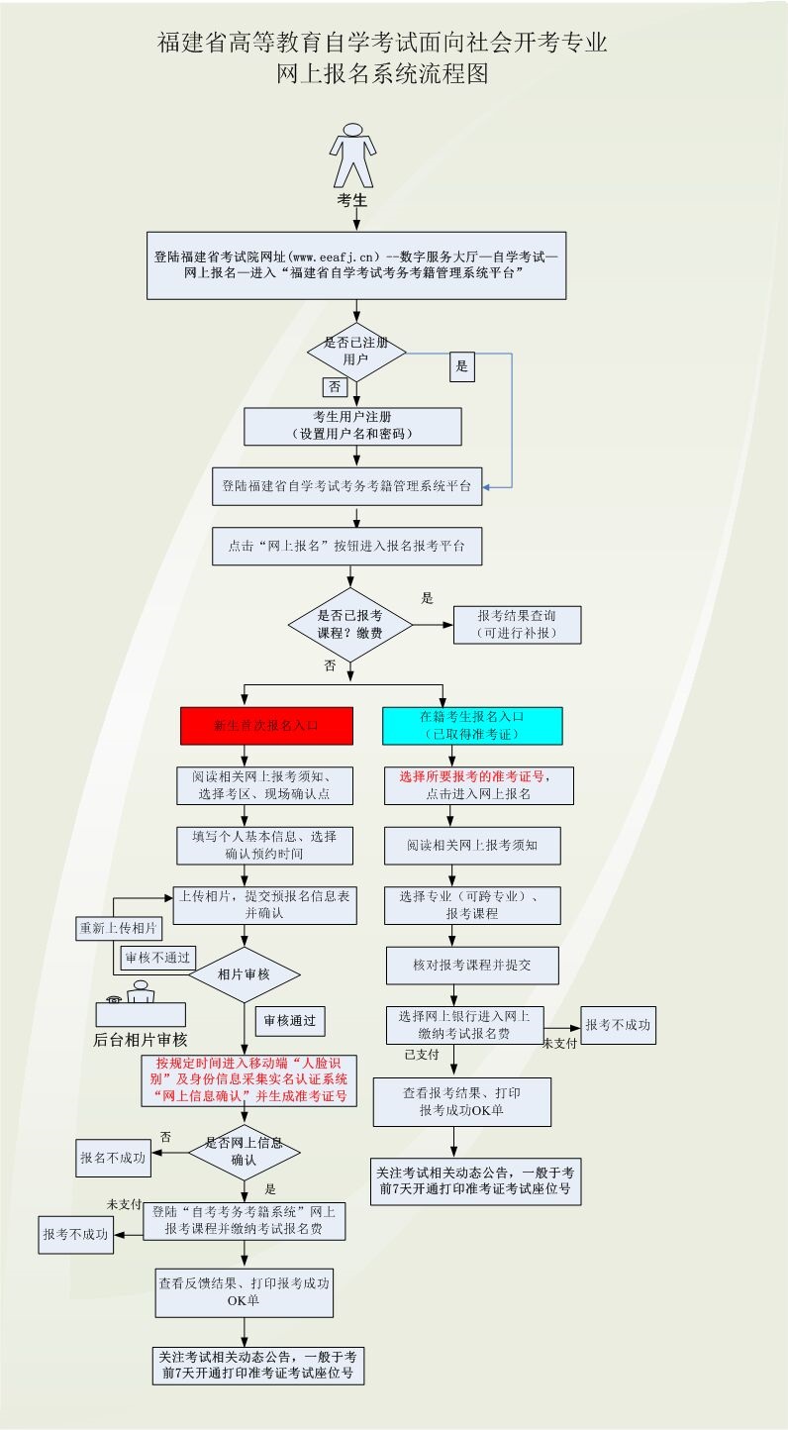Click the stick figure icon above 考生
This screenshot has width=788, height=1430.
point(352,155)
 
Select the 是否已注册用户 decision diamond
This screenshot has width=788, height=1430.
point(356,352)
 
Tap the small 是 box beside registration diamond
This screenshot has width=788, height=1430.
point(461,366)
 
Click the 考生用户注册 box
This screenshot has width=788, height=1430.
point(352,426)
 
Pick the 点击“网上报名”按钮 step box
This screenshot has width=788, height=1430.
point(346,546)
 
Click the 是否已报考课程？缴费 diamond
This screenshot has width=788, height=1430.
point(350,624)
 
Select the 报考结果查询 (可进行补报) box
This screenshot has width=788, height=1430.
point(517,625)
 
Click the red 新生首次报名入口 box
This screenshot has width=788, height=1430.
point(266,725)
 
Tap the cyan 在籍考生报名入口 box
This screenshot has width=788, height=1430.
point(472,725)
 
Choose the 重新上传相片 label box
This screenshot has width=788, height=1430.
point(119,929)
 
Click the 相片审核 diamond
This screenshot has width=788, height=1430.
point(244,975)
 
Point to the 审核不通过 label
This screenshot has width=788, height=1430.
point(157,958)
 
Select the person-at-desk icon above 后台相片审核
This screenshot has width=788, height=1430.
point(141,1003)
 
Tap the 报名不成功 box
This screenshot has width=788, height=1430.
point(114,1157)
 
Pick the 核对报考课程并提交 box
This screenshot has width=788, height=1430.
point(472,965)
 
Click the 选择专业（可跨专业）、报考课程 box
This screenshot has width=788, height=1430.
point(472,905)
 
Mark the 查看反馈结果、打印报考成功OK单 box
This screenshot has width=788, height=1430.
point(244,1290)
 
